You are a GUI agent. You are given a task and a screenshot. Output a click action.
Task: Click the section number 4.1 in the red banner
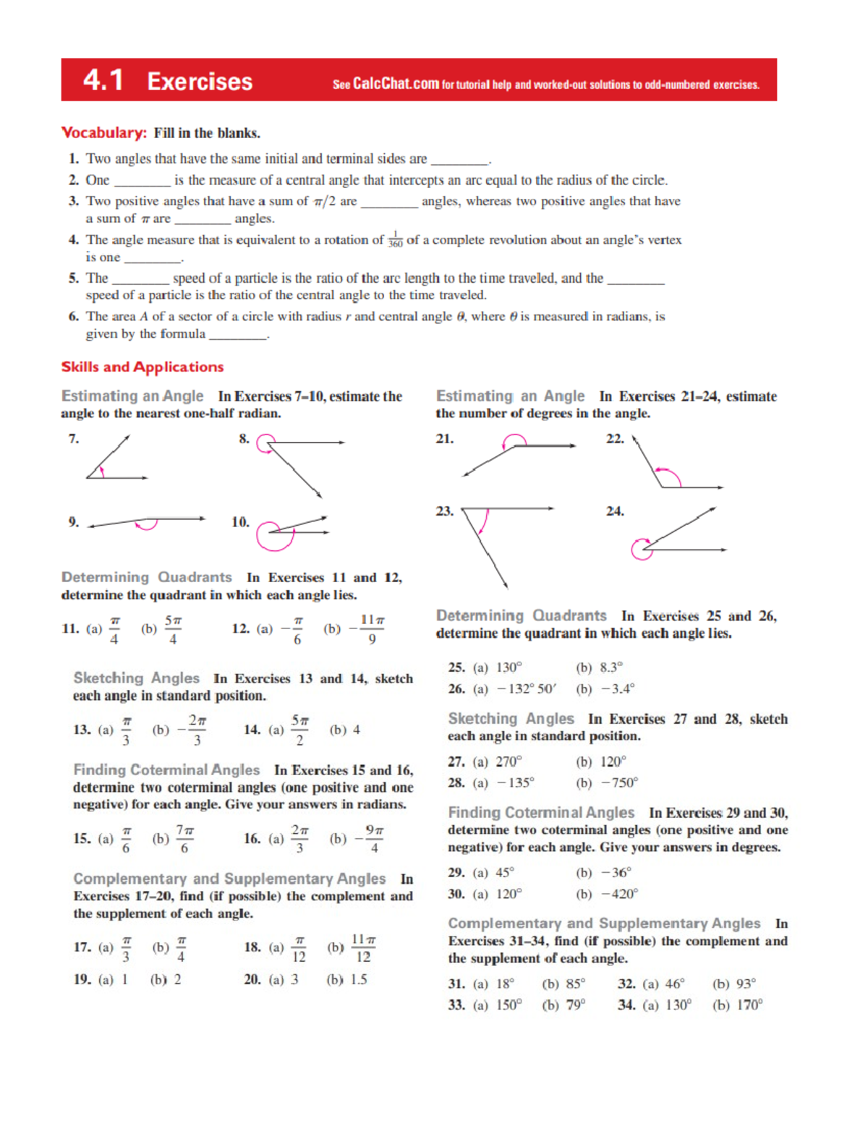click(103, 80)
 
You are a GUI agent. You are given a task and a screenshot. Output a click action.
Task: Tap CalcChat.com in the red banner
click(396, 84)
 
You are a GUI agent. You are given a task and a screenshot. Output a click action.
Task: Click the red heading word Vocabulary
click(104, 133)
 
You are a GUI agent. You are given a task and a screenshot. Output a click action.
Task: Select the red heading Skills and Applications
click(142, 367)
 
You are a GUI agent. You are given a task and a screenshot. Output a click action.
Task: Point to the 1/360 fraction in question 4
click(395, 240)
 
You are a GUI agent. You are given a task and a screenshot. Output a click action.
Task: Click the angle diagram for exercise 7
click(116, 459)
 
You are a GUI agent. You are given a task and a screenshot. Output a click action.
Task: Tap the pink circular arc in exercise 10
click(275, 536)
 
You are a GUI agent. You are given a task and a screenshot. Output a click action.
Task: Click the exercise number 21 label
click(445, 439)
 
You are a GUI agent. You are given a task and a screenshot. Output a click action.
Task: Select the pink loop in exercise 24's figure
click(641, 549)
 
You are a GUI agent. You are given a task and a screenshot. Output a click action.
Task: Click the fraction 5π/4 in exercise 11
click(173, 629)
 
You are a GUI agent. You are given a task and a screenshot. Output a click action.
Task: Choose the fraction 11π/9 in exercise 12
click(372, 629)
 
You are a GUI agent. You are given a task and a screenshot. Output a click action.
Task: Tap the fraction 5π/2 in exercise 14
click(299, 730)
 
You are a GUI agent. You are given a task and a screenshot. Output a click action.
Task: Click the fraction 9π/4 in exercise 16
click(373, 839)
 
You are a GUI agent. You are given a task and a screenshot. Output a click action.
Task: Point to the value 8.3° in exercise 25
click(610, 667)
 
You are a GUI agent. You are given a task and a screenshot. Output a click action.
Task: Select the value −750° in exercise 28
click(620, 782)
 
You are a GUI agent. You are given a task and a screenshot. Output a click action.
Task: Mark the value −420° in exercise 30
click(620, 894)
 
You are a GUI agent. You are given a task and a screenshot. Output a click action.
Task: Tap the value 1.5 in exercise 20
click(358, 979)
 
